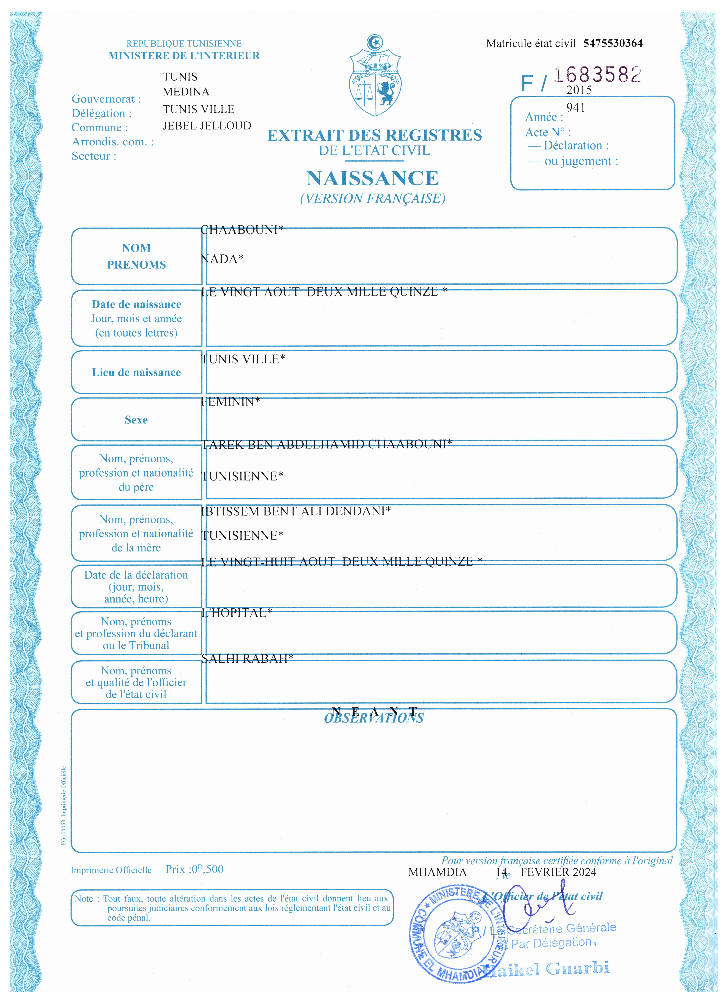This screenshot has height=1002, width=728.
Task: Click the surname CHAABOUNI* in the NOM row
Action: click(242, 230)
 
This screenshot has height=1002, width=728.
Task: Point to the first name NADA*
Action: click(222, 259)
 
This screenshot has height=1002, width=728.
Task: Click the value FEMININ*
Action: click(230, 402)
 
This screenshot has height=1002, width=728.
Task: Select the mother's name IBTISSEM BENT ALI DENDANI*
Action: click(296, 511)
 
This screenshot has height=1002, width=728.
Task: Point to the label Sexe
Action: click(136, 420)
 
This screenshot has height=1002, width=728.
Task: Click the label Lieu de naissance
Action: click(136, 372)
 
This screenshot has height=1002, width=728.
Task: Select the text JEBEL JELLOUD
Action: click(207, 126)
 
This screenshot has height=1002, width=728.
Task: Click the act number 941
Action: click(576, 108)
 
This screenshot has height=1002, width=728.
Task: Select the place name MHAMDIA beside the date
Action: click(437, 872)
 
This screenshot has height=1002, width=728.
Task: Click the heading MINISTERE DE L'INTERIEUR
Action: click(184, 56)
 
